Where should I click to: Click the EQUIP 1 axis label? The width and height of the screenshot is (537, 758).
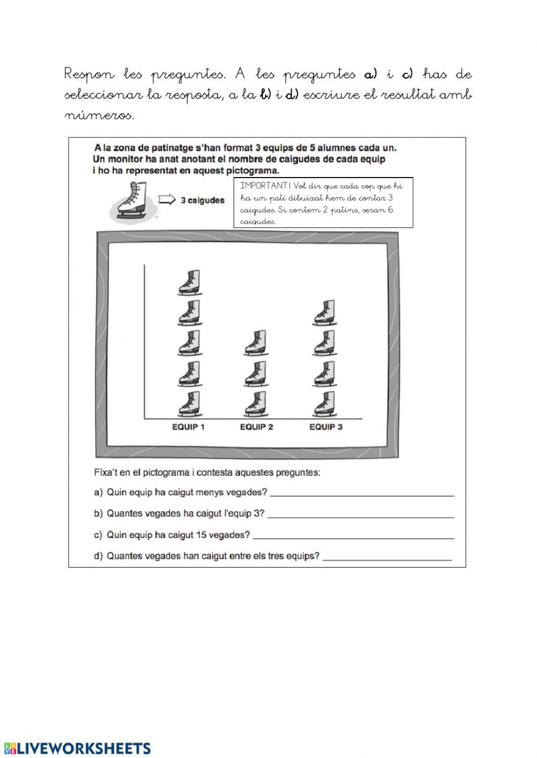pyautogui.click(x=188, y=427)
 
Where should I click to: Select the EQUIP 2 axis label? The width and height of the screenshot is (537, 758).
pyautogui.click(x=256, y=427)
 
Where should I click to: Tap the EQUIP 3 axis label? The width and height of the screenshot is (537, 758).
pyautogui.click(x=325, y=427)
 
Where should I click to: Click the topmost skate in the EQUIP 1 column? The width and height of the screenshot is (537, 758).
pyautogui.click(x=189, y=283)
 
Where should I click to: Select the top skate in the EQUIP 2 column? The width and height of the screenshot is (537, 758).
pyautogui.click(x=256, y=343)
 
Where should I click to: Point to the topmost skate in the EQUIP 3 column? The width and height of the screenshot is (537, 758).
pyautogui.click(x=325, y=313)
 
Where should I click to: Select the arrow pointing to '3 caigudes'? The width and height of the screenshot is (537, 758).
pyautogui.click(x=167, y=200)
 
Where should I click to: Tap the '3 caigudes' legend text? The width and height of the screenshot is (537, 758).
pyautogui.click(x=202, y=201)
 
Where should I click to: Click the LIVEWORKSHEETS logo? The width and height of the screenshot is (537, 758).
pyautogui.click(x=77, y=748)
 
